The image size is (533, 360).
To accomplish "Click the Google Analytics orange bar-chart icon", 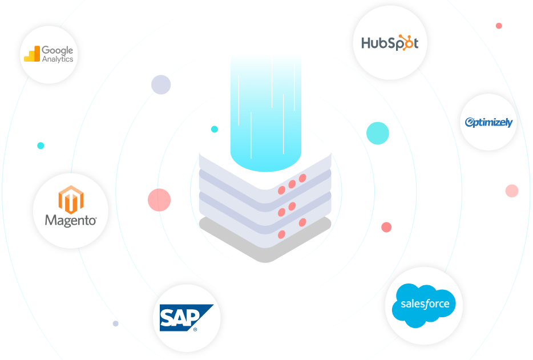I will coord(31,54).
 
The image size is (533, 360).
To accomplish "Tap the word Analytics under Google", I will coord(58,59).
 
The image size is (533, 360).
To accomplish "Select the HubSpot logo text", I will coord(390,43).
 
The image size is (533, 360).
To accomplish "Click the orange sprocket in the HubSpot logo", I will coord(406,43).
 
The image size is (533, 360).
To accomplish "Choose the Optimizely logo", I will coord(488,122).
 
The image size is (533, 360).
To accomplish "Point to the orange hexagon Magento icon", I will coord(71,199).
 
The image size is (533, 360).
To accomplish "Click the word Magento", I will coord(71,220).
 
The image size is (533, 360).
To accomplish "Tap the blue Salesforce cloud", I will coord(424,305).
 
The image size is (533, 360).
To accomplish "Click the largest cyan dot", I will coord(378,133).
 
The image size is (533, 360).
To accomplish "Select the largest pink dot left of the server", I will coord(159,200).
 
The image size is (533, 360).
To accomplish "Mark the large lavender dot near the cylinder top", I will coord(161,84).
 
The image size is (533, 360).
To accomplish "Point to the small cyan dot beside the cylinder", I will coord(215,129).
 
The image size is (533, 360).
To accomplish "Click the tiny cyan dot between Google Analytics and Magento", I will coord(41,145).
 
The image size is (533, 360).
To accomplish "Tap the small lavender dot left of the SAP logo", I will coord(116,323).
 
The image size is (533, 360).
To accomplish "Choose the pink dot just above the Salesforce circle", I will coord(386,227).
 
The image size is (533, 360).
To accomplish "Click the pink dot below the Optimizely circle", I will coord(512,191).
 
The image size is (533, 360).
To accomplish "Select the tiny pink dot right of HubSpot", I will coord(499,26).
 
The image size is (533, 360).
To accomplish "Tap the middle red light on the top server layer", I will coord(292,184).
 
